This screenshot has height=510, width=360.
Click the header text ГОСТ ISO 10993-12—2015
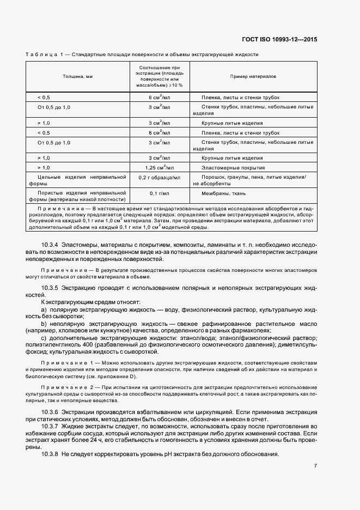(279, 39)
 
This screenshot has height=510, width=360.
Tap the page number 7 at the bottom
(315, 466)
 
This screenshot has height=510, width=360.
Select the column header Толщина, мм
(77, 77)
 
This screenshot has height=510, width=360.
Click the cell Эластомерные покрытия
(233, 167)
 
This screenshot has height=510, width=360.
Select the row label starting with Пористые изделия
(77, 196)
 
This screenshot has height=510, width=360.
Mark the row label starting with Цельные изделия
(77, 180)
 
